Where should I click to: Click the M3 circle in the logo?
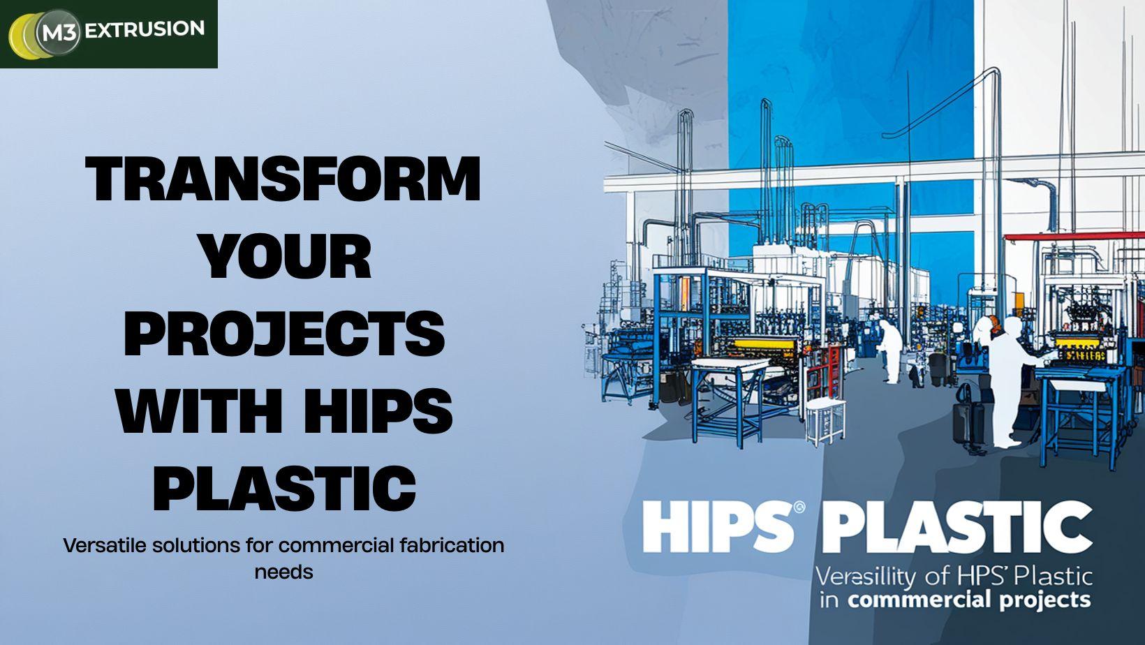pyautogui.click(x=58, y=32)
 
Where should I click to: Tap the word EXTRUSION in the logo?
pyautogui.click(x=145, y=29)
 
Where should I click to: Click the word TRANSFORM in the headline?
pyautogui.click(x=283, y=179)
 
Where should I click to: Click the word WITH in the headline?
pyautogui.click(x=199, y=411)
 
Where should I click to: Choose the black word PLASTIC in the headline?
pyautogui.click(x=284, y=488)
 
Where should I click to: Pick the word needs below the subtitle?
pyautogui.click(x=283, y=572)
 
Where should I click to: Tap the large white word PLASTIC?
pyautogui.click(x=956, y=527)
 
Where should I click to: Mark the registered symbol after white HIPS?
pyautogui.click(x=800, y=507)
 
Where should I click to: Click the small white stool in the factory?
pyautogui.click(x=825, y=420)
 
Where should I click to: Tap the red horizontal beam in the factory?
pyautogui.click(x=1074, y=237)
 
